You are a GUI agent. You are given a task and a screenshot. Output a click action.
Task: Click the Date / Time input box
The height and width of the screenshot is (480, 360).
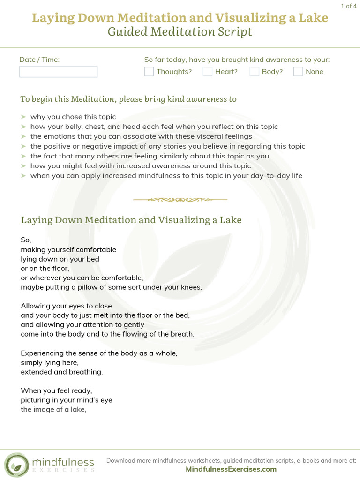58,72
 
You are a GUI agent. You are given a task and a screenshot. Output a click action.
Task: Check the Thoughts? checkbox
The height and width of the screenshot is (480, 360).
149,72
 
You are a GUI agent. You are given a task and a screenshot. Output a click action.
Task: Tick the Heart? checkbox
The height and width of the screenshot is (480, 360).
208,72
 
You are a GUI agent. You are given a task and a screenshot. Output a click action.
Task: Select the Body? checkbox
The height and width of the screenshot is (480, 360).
255,72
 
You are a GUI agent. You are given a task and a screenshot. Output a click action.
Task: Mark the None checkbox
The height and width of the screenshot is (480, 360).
298,72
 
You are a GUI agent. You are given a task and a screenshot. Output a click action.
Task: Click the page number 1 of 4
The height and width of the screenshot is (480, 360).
348,6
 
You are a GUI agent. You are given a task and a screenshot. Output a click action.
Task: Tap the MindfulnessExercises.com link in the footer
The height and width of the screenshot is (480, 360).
231,469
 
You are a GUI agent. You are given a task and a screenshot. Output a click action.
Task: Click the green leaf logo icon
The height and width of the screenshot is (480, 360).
16,464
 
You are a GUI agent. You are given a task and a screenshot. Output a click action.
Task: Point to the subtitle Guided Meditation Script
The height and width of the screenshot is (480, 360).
180,32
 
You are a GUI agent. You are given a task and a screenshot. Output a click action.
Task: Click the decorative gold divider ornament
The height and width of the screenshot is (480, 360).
180,200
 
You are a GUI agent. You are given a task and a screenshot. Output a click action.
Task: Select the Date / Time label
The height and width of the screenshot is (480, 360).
39,60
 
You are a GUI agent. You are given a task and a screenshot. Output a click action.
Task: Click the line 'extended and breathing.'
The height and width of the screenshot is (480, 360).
61,372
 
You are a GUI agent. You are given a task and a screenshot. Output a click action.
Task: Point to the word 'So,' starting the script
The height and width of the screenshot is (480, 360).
26,240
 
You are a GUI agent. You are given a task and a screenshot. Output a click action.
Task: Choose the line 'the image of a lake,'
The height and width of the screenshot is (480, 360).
54,409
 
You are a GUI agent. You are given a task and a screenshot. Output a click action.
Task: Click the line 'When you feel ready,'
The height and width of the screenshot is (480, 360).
56,390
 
